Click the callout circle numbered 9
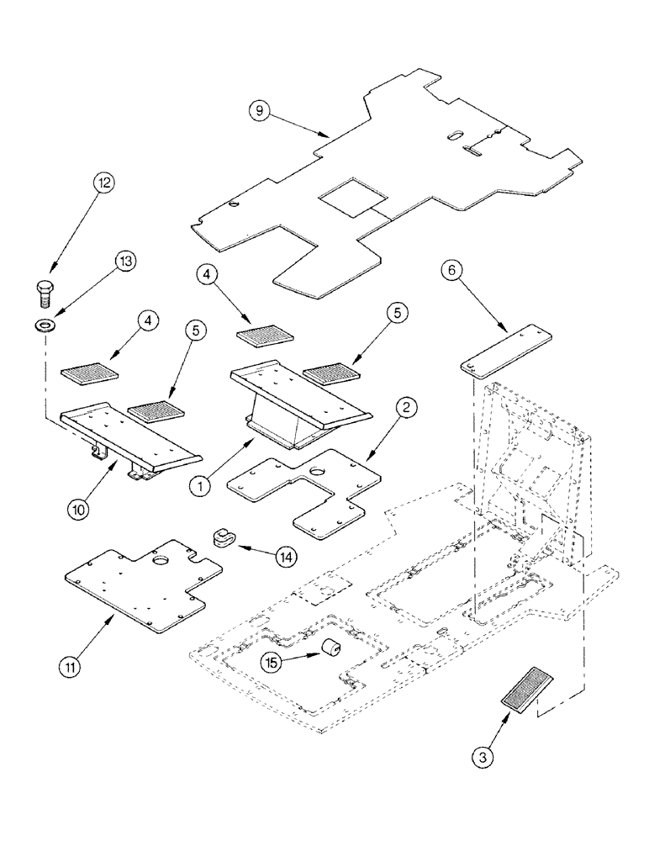click(261, 111)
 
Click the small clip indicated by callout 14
click(224, 536)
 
